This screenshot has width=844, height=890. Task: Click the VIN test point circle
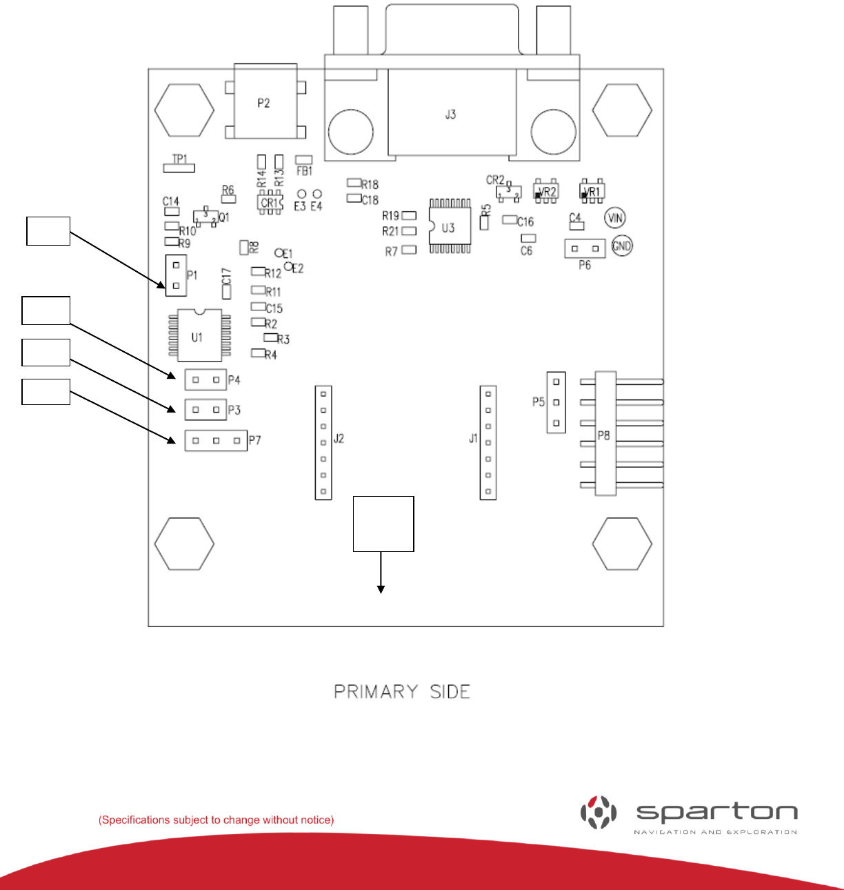(614, 219)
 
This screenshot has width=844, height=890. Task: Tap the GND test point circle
(622, 246)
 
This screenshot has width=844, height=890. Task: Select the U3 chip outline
(450, 227)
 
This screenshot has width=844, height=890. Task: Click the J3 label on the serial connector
(450, 115)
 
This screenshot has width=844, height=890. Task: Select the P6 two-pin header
(585, 248)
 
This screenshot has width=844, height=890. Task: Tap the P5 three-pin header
(556, 402)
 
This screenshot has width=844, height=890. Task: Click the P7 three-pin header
(216, 440)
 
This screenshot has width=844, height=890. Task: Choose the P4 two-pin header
(205, 379)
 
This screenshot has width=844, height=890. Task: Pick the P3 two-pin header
(205, 410)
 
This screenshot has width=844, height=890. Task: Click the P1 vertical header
(177, 275)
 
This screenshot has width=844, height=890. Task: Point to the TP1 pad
(179, 168)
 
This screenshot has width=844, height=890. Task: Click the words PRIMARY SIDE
(402, 692)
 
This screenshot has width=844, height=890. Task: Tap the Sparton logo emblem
(598, 812)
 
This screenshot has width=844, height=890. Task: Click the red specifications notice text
(216, 820)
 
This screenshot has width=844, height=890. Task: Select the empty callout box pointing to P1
(48, 231)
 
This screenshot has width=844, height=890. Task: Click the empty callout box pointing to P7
(46, 391)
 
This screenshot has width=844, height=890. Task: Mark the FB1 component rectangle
(303, 160)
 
